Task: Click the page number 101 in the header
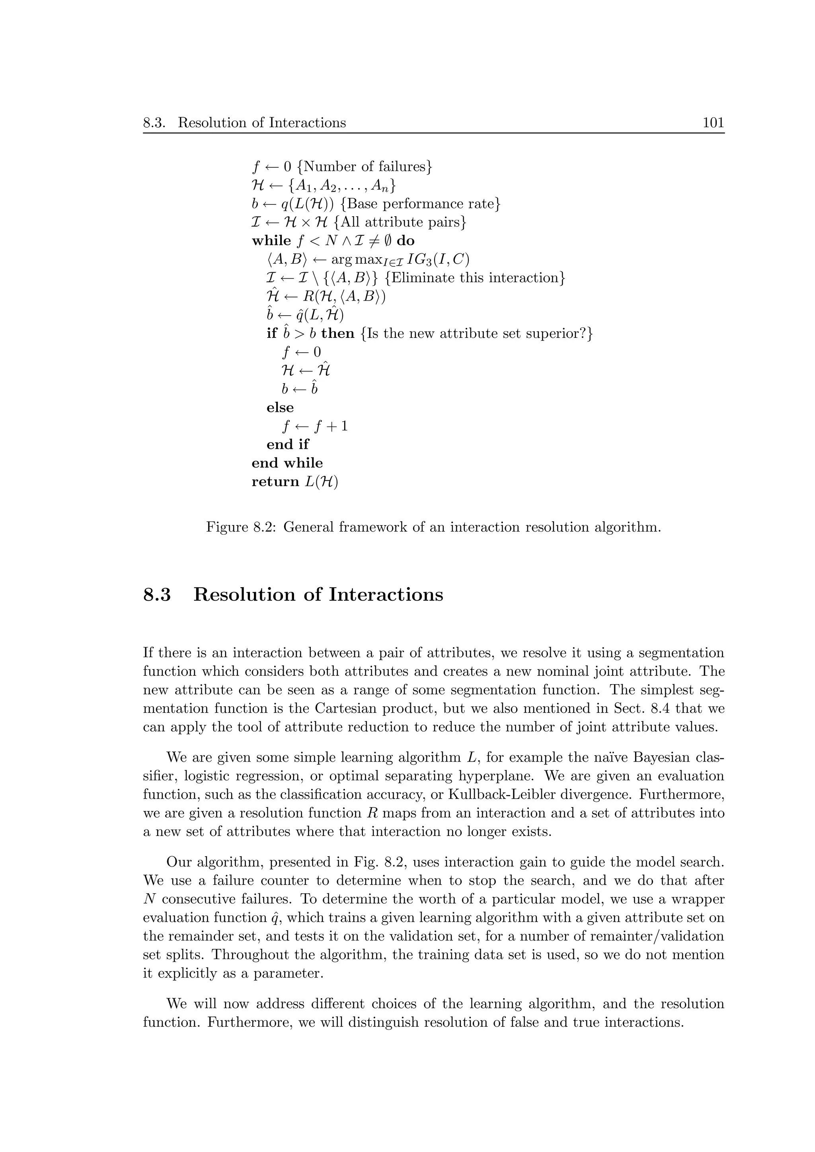click(713, 122)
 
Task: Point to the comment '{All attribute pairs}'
click(400, 222)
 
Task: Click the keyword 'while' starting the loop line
click(271, 241)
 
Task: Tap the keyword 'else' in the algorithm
click(280, 407)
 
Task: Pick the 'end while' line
click(287, 463)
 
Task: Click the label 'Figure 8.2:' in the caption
click(242, 528)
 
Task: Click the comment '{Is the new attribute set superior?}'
click(476, 333)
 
